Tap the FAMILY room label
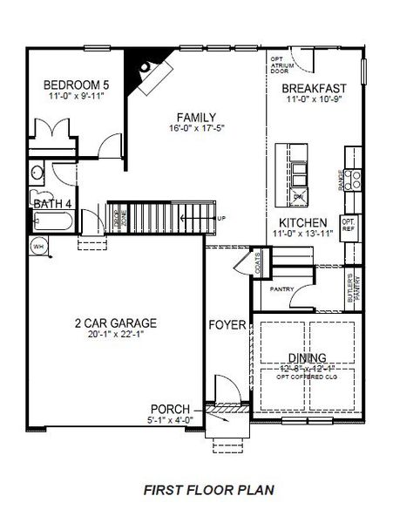point(195,118)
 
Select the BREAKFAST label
point(315,88)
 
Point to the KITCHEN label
point(302,222)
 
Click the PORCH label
point(171,409)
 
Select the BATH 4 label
point(51,203)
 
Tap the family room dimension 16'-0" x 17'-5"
point(195,129)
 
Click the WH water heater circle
point(38,247)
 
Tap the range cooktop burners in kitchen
point(355,180)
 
